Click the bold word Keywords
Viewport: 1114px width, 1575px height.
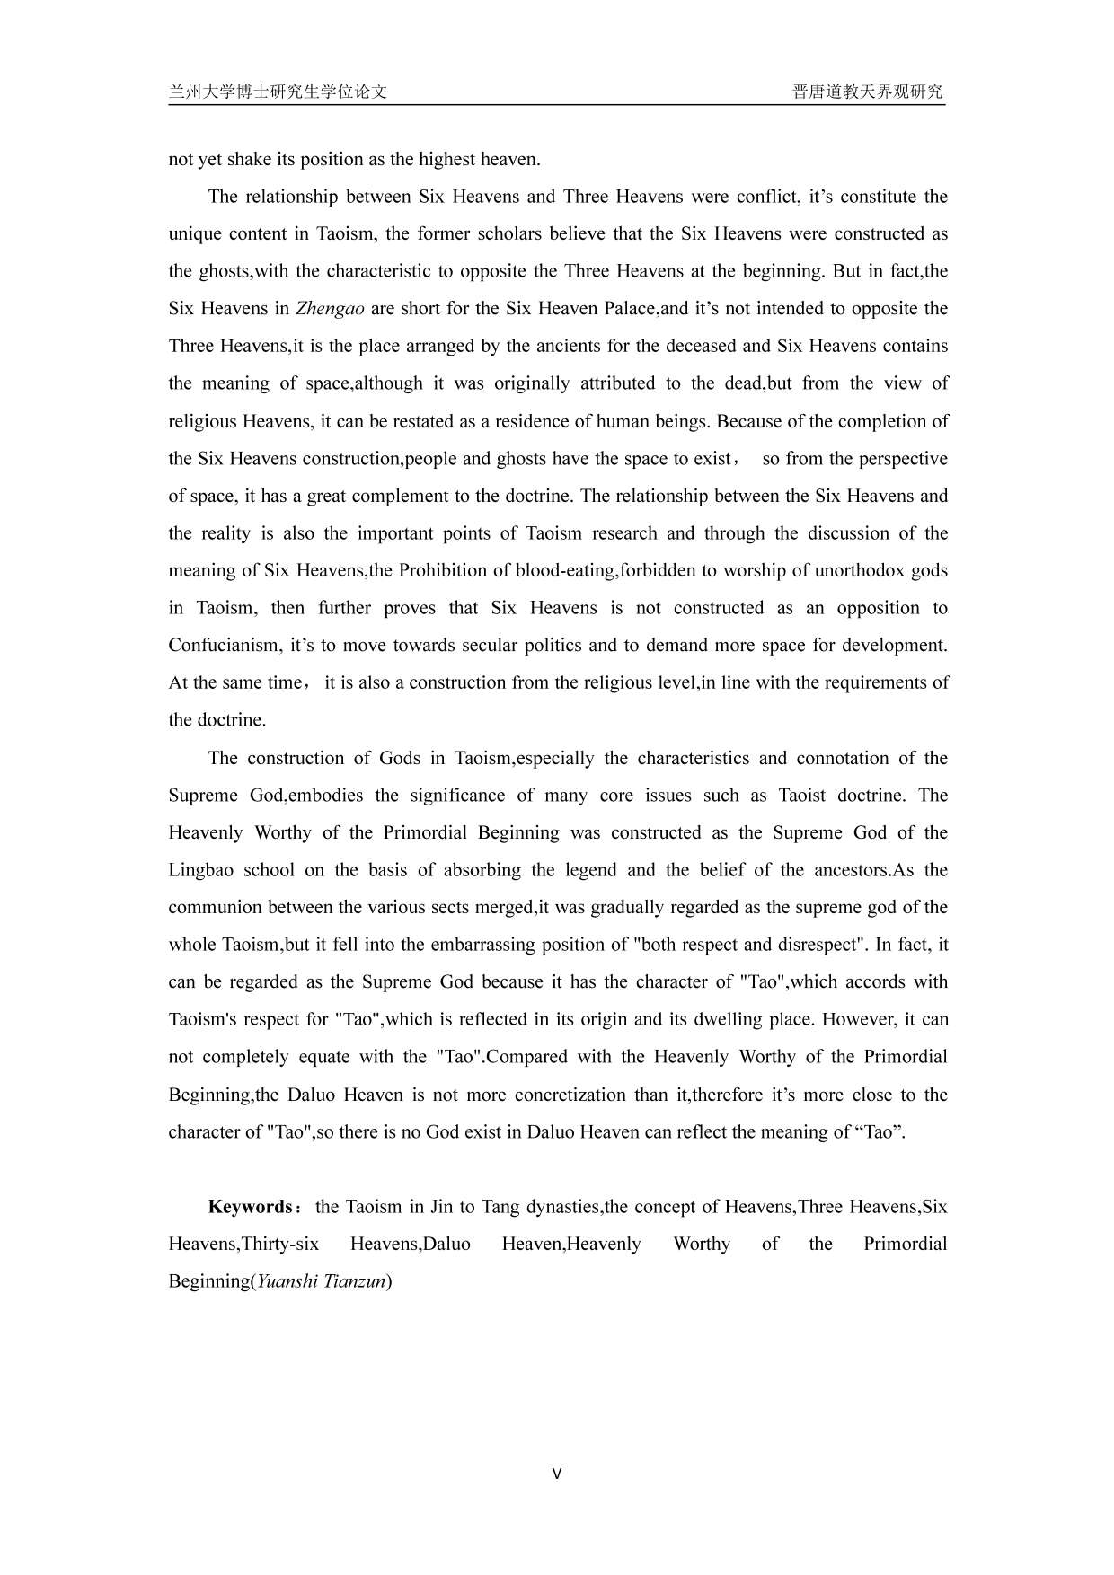point(250,1207)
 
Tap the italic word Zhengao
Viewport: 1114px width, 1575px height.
point(330,309)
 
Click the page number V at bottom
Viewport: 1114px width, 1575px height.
point(557,1474)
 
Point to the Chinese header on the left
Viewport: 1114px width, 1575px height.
point(278,92)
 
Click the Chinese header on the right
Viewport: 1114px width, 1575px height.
point(868,92)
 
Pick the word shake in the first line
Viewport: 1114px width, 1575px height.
point(248,160)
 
